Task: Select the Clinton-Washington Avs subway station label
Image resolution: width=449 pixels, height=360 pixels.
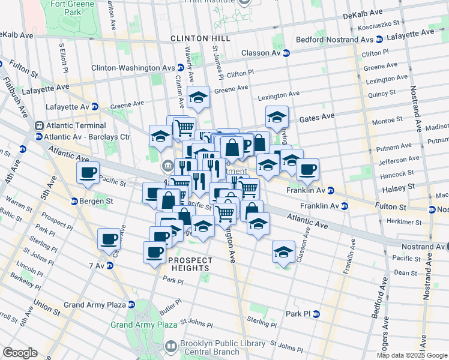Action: (x=135, y=68)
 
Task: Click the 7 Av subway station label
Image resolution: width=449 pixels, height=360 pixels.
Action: (x=97, y=266)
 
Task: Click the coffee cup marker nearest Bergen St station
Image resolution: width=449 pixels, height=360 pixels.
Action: (x=88, y=173)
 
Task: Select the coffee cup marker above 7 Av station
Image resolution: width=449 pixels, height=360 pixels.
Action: (x=109, y=239)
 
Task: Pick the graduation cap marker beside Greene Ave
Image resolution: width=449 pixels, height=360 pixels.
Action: (x=197, y=96)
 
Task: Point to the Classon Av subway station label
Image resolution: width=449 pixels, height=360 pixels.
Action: (x=262, y=53)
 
